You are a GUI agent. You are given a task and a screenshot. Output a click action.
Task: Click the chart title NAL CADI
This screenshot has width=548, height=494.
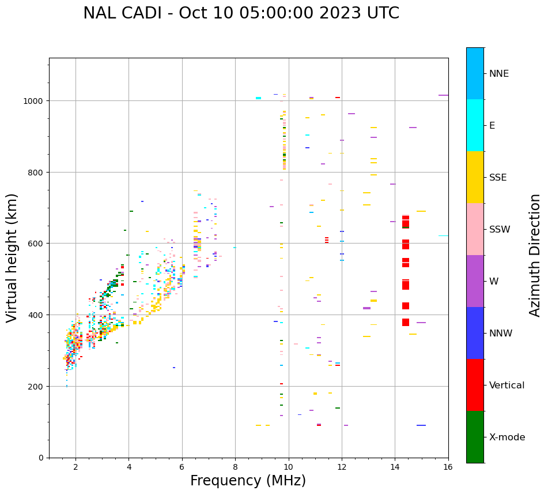coord(241,13)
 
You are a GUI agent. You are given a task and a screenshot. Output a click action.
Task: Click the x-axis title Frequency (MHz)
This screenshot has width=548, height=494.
coord(248,481)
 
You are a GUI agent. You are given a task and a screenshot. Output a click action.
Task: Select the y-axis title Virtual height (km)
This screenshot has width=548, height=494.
coord(12,257)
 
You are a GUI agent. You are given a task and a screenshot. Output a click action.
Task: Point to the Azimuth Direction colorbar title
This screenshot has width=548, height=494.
coord(535,255)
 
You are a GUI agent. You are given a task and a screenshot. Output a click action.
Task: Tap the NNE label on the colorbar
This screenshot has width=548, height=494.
coord(499,73)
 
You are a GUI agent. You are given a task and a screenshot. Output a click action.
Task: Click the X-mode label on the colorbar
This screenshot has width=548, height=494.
coord(507,437)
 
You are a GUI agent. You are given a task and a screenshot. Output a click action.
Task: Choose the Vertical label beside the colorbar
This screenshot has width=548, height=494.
coord(507,385)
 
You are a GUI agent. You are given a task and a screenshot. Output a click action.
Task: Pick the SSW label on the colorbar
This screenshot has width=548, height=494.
coord(500,229)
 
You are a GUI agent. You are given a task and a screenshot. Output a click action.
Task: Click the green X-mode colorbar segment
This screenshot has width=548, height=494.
coord(475,437)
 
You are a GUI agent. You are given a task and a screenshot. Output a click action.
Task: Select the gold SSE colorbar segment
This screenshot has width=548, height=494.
coord(475,177)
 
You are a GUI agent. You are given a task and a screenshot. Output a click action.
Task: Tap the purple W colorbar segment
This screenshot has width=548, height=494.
coord(475,281)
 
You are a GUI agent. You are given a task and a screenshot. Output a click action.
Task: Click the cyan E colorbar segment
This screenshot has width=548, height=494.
coord(475,125)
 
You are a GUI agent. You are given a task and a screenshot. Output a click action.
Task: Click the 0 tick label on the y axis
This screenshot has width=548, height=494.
coord(41,458)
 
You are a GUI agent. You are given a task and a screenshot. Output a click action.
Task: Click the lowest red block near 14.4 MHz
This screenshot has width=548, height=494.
coord(406,322)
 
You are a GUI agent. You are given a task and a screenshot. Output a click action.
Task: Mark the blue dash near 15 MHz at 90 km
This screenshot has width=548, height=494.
coord(421,425)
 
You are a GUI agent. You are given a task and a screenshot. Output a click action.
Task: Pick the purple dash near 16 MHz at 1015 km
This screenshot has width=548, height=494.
coord(443,95)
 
